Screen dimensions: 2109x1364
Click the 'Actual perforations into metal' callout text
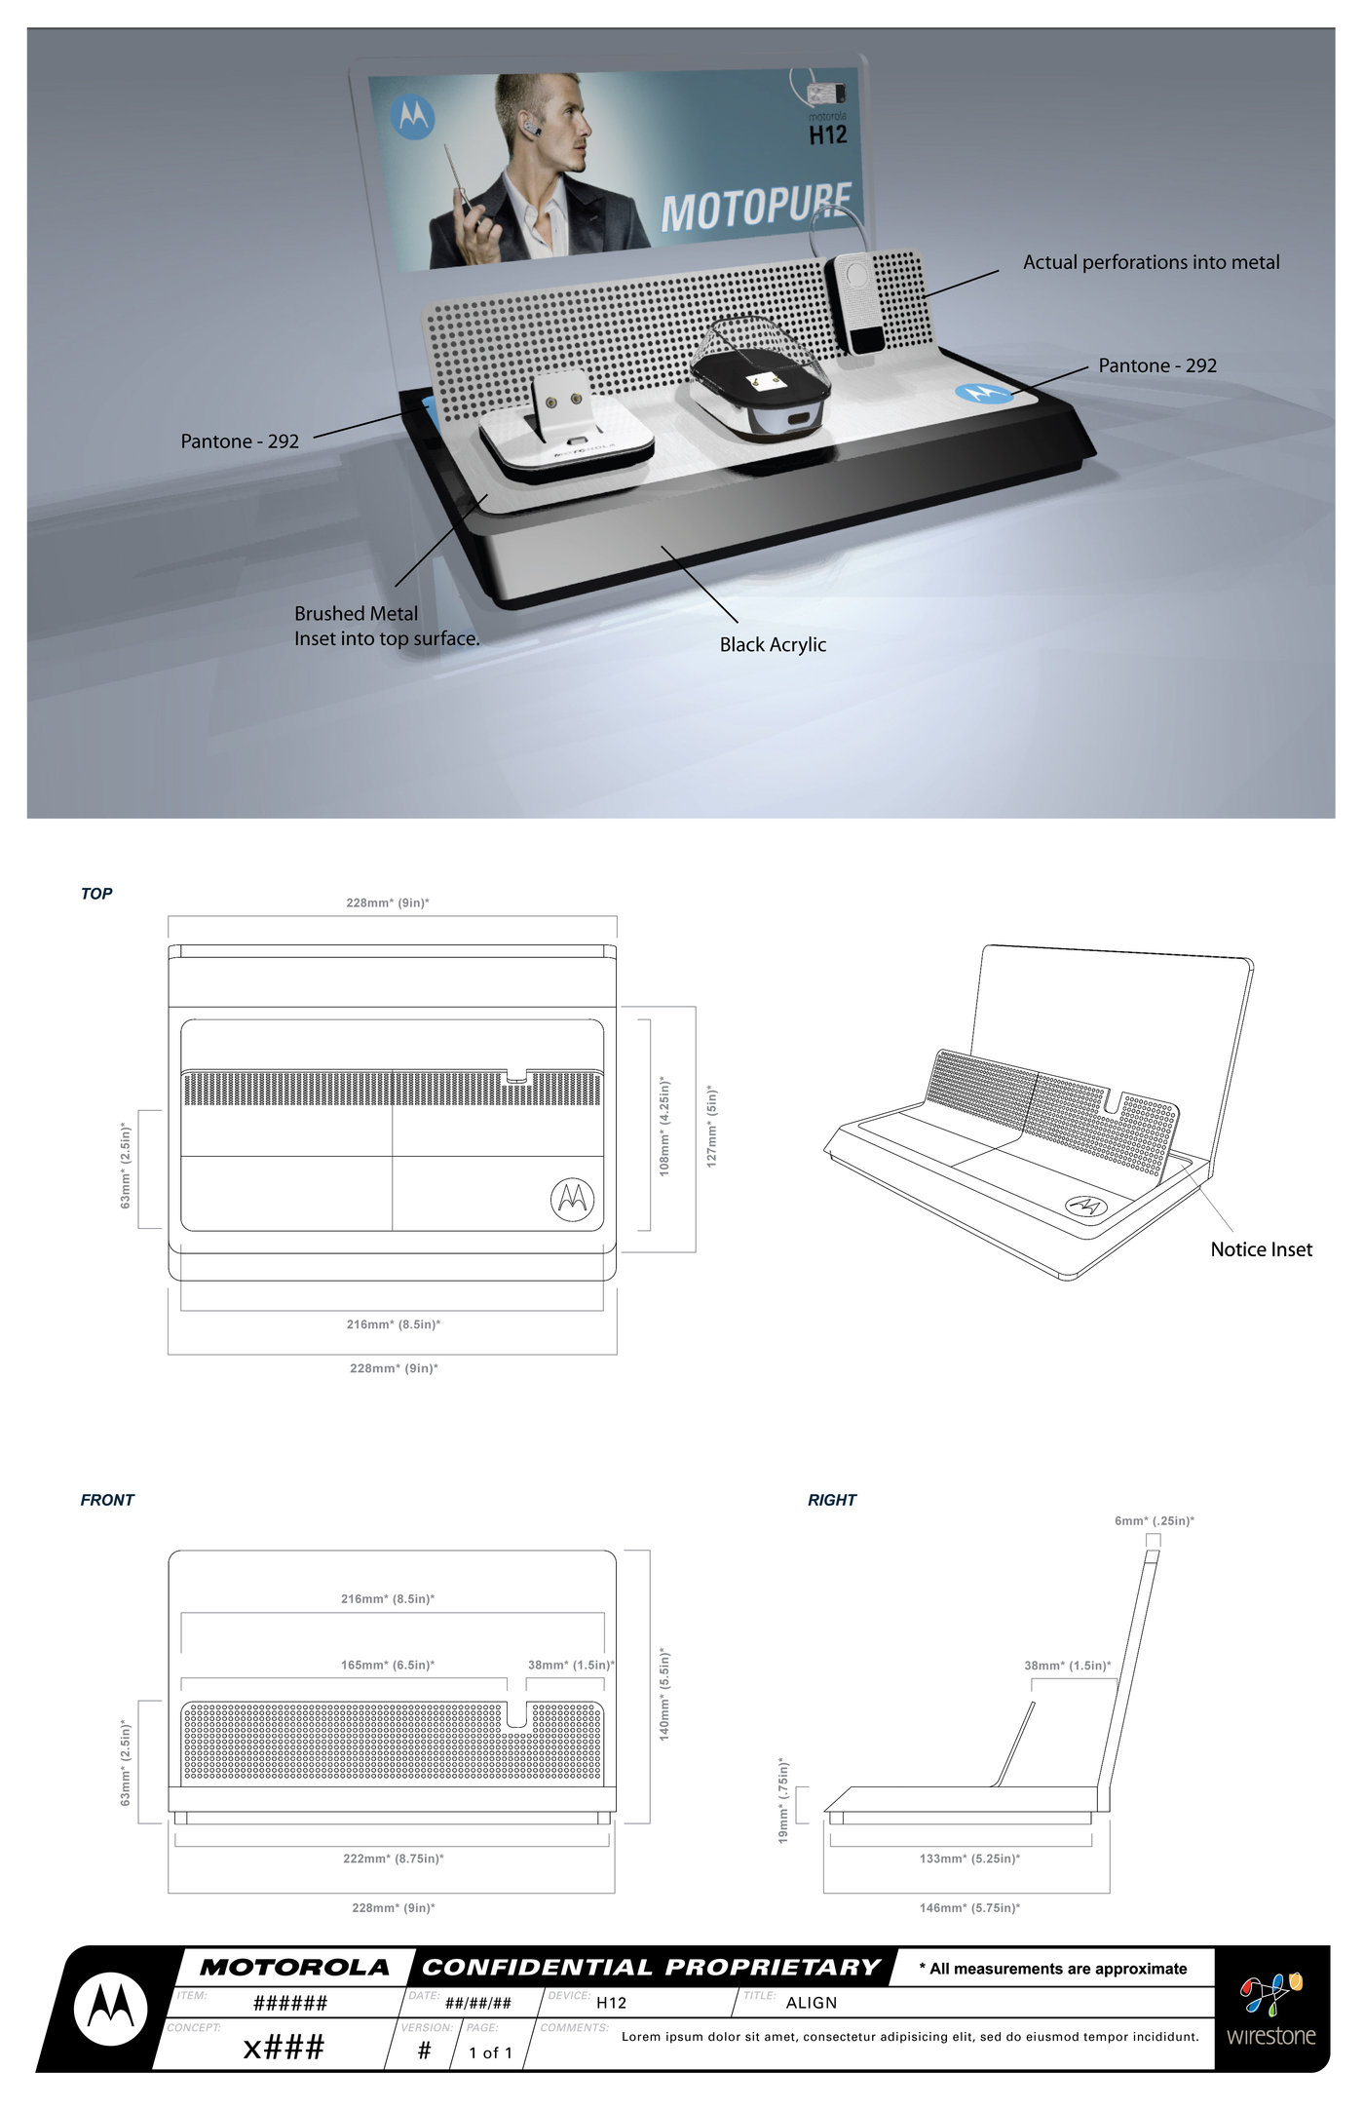[1151, 262]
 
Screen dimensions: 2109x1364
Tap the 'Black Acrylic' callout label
[773, 644]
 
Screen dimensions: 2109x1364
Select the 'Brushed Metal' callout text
[356, 614]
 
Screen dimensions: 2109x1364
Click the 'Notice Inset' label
[1261, 1249]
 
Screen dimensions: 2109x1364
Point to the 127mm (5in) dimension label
[712, 1127]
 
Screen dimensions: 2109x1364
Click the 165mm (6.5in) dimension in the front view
[388, 1665]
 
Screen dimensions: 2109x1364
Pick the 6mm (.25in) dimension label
[1155, 1520]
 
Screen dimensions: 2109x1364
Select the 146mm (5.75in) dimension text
[969, 1907]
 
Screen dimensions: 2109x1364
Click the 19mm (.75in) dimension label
[783, 1800]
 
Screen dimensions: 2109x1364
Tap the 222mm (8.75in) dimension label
[393, 1859]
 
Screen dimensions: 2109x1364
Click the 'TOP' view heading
[96, 894]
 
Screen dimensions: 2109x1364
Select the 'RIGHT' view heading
[831, 1500]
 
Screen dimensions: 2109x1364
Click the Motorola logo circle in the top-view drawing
[572, 1199]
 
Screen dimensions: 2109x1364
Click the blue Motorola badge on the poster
[412, 118]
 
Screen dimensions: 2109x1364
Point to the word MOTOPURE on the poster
[756, 208]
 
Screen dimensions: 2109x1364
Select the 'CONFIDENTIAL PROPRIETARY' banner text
[651, 1967]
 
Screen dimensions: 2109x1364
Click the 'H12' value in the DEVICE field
[611, 2003]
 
